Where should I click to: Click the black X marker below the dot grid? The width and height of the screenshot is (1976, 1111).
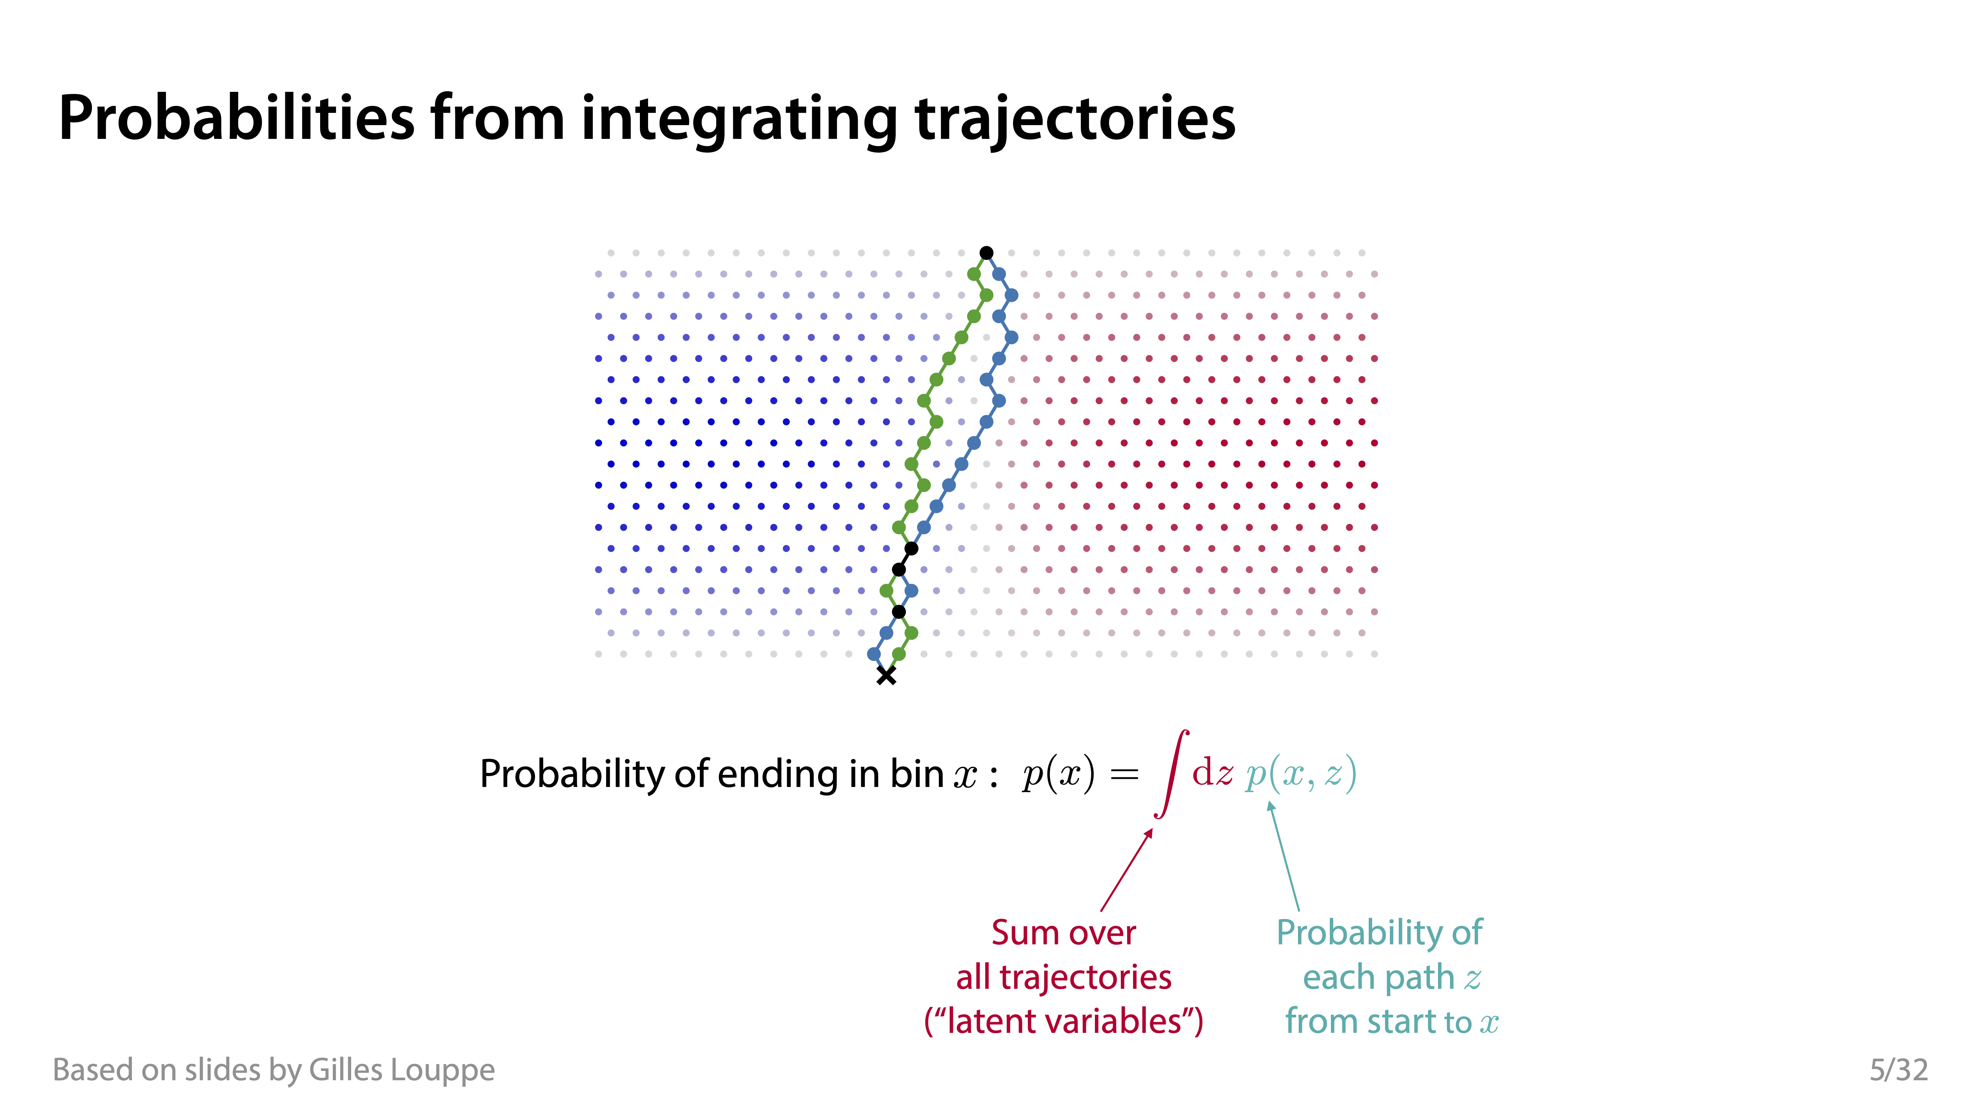pos(886,675)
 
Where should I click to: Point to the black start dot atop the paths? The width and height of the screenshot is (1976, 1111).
pos(986,253)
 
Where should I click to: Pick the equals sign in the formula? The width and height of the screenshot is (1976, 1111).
pos(1125,774)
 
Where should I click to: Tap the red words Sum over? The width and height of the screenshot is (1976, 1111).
pos(1063,932)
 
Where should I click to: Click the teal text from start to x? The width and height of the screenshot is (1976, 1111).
pos(1391,1021)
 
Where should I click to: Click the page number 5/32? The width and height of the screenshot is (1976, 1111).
pos(1899,1070)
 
